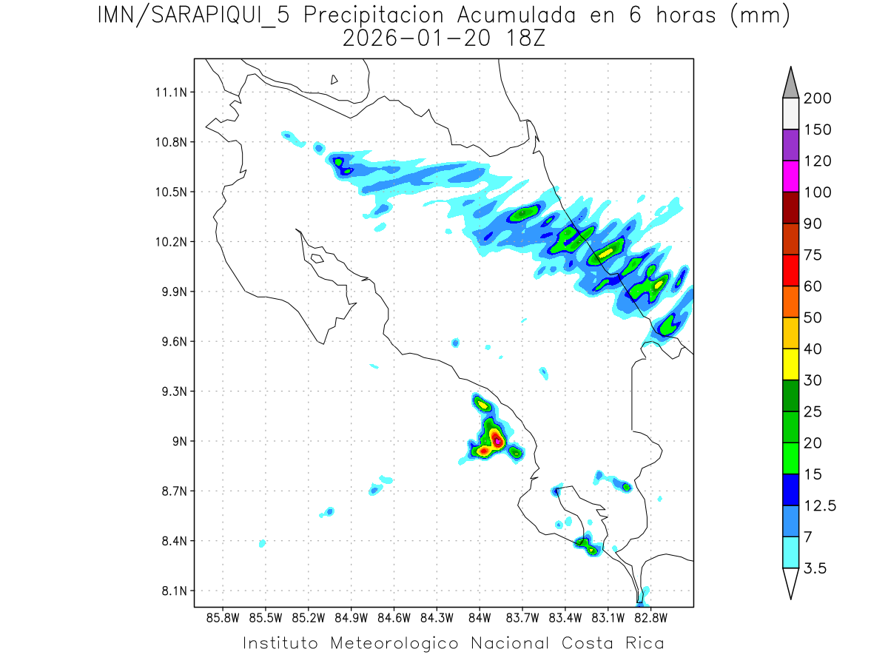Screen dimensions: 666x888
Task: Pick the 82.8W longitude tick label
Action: [x=650, y=617]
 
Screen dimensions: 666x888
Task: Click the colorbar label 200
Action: [x=817, y=98]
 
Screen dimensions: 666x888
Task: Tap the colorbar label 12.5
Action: [x=820, y=505]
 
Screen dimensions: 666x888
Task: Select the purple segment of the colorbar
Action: [x=790, y=145]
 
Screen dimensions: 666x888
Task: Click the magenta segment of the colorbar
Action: [x=790, y=176]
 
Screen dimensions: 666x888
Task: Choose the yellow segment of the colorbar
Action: [x=790, y=364]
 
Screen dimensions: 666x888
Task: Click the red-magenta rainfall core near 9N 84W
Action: [x=498, y=440]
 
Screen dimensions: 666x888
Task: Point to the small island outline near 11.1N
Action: [x=334, y=80]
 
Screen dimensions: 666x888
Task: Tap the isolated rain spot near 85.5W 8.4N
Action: [x=262, y=544]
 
